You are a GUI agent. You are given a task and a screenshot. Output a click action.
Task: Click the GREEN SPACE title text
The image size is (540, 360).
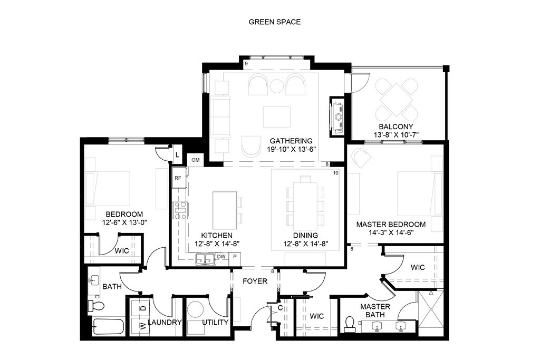274,22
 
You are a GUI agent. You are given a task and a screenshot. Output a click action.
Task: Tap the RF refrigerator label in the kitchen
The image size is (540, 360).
178,178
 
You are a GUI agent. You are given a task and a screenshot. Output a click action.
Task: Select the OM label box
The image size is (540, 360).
196,160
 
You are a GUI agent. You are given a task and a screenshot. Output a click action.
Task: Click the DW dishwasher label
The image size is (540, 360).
221,257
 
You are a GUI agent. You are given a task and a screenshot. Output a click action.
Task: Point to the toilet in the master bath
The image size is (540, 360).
350,324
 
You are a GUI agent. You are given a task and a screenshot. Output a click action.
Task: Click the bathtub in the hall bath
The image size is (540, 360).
108,326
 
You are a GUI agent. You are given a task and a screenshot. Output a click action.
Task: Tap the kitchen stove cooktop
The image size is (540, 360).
180,210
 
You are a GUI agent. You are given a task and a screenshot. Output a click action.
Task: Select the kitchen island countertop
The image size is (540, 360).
225,210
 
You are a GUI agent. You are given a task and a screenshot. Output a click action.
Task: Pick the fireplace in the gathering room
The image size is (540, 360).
337,116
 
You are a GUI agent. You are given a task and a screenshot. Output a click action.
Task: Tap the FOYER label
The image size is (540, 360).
255,281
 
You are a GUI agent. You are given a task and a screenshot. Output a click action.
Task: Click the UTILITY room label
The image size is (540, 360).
215,323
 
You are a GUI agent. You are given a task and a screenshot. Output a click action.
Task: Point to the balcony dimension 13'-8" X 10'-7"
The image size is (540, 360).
396,135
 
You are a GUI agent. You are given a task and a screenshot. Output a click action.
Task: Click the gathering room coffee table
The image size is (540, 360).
276,116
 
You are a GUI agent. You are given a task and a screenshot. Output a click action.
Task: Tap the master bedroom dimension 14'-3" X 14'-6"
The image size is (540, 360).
391,232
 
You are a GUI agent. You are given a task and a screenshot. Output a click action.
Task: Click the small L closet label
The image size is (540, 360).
177,155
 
